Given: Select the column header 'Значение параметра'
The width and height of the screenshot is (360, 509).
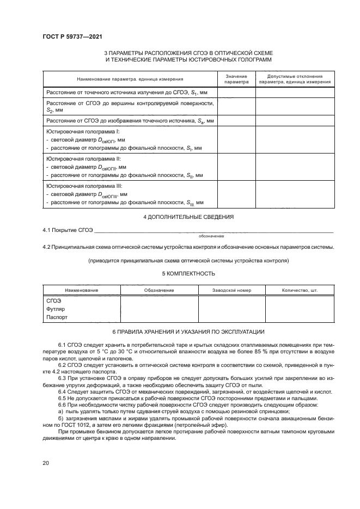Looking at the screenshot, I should [236, 79].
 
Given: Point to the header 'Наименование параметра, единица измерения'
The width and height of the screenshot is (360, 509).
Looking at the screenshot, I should [130, 79].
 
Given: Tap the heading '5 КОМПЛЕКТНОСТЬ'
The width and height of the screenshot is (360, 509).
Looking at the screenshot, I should [188, 273].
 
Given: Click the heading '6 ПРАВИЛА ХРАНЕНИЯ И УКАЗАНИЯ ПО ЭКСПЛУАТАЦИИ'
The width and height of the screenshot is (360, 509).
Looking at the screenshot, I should [188, 332].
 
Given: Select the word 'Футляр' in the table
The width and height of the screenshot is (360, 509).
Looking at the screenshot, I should [56, 309].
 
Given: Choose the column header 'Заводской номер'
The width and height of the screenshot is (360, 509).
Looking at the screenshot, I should [231, 290].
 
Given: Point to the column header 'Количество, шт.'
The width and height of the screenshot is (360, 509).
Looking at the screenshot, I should [299, 290].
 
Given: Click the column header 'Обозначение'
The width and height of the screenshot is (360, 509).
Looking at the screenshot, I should [159, 290].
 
